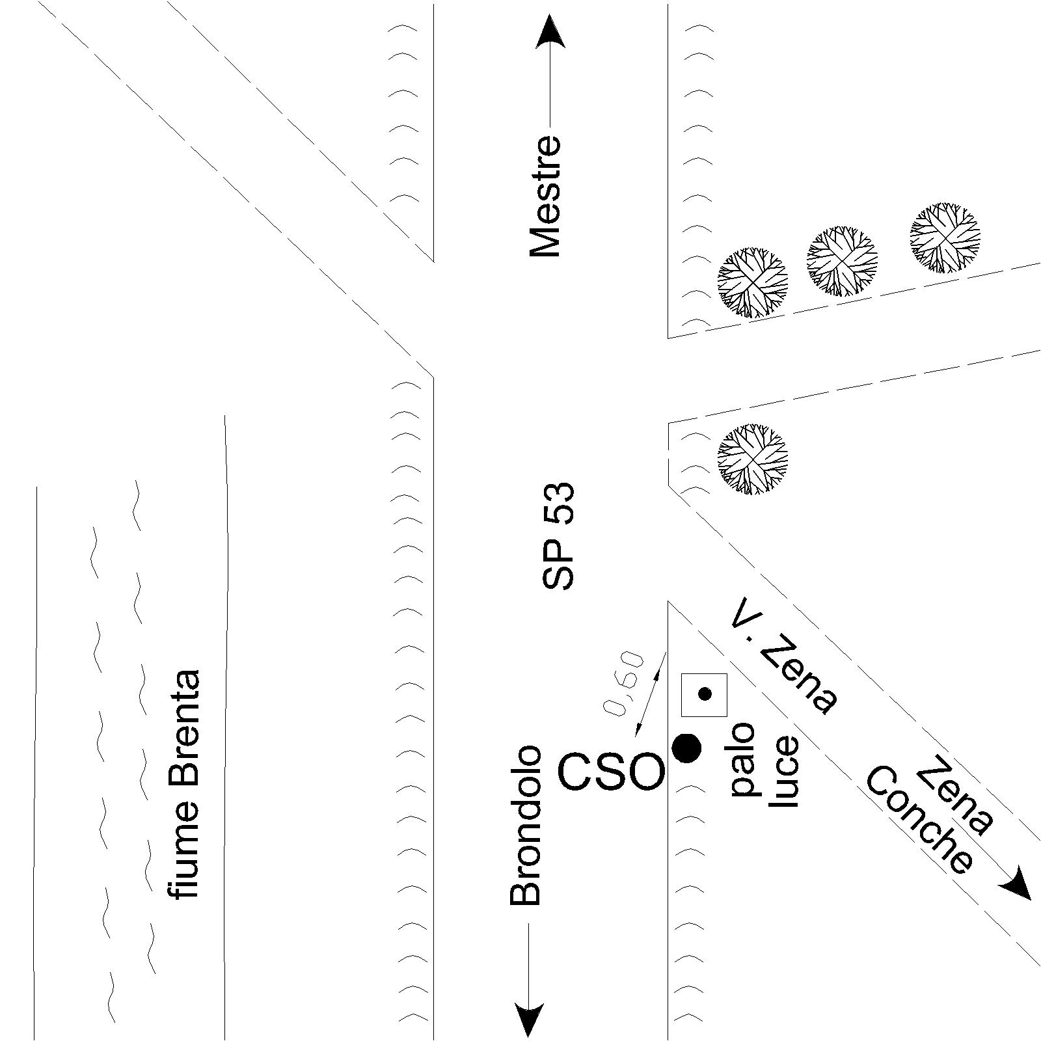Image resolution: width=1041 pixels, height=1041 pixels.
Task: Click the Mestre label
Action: pos(545,196)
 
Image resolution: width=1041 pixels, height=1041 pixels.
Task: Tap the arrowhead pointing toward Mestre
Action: pos(550,33)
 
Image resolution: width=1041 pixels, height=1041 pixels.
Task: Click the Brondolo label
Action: pos(526,826)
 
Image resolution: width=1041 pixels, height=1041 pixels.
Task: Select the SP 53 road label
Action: pos(558,535)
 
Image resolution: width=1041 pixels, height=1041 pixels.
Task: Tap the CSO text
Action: pos(612,772)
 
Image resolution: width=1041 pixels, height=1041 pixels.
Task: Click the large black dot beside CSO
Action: pos(686,748)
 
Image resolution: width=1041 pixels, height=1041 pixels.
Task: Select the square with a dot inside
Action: pos(704,695)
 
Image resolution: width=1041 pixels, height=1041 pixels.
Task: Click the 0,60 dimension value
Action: pos(624,684)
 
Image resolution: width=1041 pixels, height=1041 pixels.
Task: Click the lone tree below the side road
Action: pos(752,459)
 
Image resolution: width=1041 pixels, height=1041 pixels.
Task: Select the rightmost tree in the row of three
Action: pos(945,237)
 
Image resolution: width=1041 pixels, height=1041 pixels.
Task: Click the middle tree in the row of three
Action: pos(842,262)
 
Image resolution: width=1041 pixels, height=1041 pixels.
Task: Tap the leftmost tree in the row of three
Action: pos(752,282)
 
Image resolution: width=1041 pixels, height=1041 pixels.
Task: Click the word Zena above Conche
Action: pos(955,795)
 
